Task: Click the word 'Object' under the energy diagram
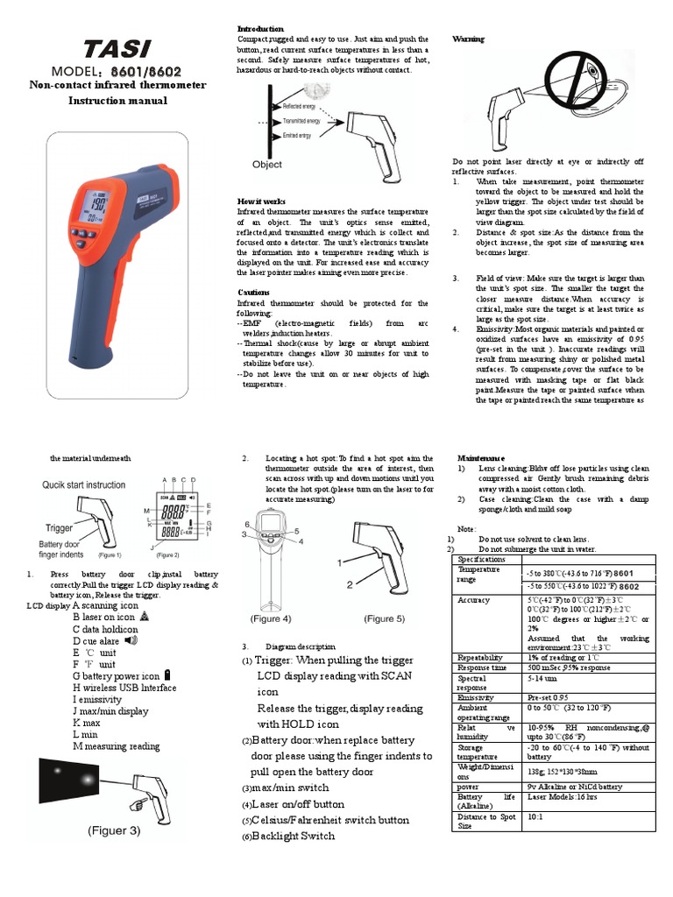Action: tap(267, 164)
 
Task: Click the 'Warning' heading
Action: tap(468, 39)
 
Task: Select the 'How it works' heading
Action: tap(261, 201)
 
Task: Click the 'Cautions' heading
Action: tap(254, 292)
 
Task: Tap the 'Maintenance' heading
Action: tap(481, 458)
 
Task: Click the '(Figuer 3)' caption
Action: tap(112, 830)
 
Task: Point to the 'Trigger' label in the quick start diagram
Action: tap(59, 528)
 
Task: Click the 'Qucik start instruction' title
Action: tap(84, 484)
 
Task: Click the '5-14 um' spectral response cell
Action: tap(542, 677)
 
